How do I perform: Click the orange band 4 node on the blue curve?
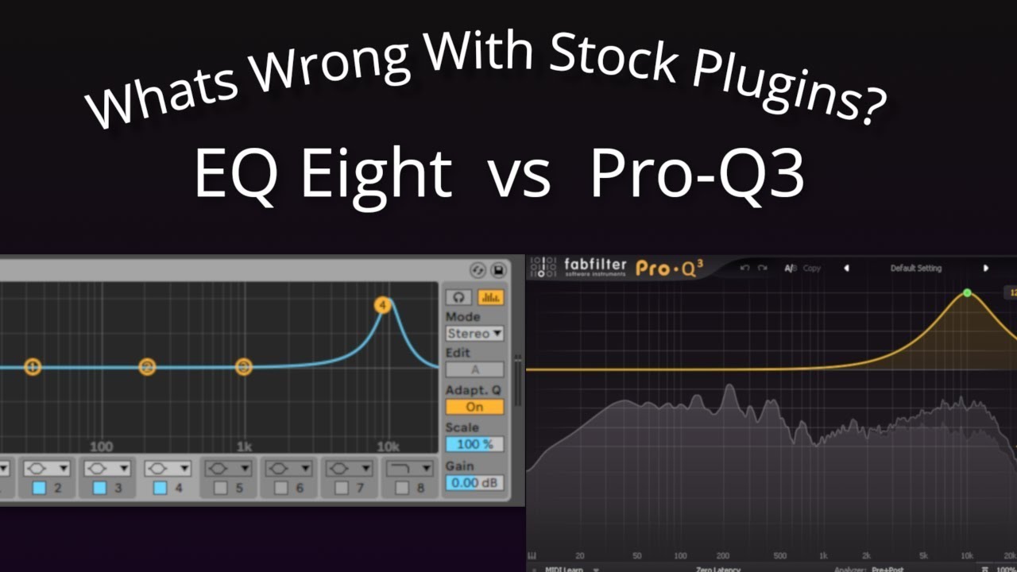pos(383,305)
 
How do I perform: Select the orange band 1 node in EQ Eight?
pos(33,367)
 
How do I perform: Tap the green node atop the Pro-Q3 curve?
pos(967,293)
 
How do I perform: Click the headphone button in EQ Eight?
pos(458,298)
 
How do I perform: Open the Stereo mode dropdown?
pos(474,334)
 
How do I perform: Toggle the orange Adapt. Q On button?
pos(474,407)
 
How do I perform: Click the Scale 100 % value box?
pos(474,444)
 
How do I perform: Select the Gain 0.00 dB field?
pos(474,482)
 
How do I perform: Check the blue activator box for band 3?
pos(99,488)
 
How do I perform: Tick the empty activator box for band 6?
pos(280,488)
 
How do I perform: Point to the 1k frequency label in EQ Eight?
pos(244,446)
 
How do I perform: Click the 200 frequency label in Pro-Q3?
pos(722,556)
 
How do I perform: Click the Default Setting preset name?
pos(915,269)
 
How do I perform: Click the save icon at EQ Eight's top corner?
pos(498,270)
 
